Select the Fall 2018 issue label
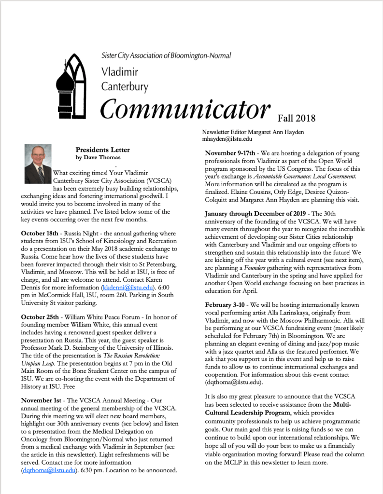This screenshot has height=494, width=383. (x=296, y=118)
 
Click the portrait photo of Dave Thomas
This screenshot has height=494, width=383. (x=38, y=164)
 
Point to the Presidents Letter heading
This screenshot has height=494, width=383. (x=102, y=150)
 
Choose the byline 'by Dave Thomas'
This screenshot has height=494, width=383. (x=98, y=157)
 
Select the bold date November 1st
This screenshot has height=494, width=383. (x=41, y=401)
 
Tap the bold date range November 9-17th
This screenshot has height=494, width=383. (x=230, y=153)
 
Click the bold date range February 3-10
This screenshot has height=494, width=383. (x=225, y=306)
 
